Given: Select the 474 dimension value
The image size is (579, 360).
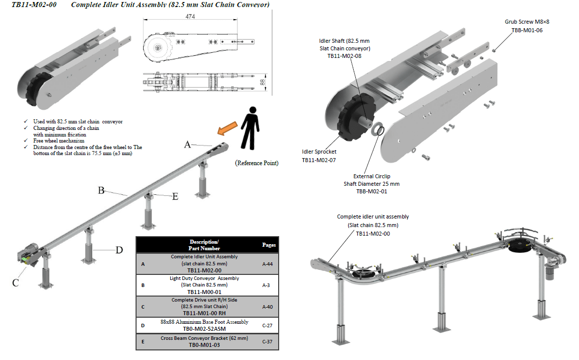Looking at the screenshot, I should pyautogui.click(x=189, y=17).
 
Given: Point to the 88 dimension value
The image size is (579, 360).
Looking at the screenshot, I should pyautogui.click(x=263, y=81).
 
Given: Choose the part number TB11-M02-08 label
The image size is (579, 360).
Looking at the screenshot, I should pyautogui.click(x=344, y=56).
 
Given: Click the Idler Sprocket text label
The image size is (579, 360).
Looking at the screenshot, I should pyautogui.click(x=319, y=152).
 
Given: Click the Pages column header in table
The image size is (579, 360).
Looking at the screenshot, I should pyautogui.click(x=269, y=245).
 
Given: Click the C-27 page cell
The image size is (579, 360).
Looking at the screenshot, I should pyautogui.click(x=268, y=325).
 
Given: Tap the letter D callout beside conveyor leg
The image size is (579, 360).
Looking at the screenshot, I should pyautogui.click(x=119, y=250).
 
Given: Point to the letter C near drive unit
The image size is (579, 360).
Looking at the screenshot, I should pyautogui.click(x=16, y=283).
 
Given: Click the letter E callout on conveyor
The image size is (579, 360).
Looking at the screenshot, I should pyautogui.click(x=175, y=197).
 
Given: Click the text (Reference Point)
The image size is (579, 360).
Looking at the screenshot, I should pyautogui.click(x=256, y=163).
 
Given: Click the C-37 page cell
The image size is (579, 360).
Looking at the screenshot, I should pyautogui.click(x=268, y=342).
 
